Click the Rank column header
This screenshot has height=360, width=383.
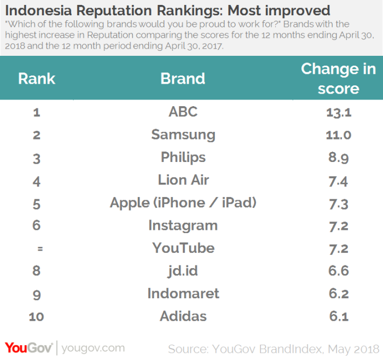click(x=37, y=79)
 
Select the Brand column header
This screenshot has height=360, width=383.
click(x=183, y=79)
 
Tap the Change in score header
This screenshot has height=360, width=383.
click(x=338, y=78)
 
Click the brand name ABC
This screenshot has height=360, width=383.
click(x=183, y=112)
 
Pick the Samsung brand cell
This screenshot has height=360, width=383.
click(x=183, y=135)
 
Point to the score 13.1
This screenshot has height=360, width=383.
click(x=339, y=113)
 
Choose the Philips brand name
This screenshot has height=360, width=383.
click(x=183, y=157)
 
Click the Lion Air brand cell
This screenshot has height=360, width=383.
click(x=183, y=180)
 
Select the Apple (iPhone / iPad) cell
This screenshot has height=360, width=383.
click(x=183, y=203)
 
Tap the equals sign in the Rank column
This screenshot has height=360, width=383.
click(x=40, y=248)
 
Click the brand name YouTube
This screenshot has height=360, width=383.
click(x=183, y=248)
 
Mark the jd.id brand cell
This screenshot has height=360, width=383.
click(x=183, y=271)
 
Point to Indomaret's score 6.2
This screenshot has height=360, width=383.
click(x=339, y=293)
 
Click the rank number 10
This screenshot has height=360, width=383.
click(x=37, y=317)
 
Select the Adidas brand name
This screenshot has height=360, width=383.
click(x=183, y=316)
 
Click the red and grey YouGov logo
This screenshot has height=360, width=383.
click(x=28, y=348)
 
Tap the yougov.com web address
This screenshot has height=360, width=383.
click(x=93, y=349)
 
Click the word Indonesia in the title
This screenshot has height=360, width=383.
click(x=38, y=11)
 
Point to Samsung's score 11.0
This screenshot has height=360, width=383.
click(x=339, y=135)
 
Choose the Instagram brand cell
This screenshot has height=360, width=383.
click(x=183, y=225)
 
